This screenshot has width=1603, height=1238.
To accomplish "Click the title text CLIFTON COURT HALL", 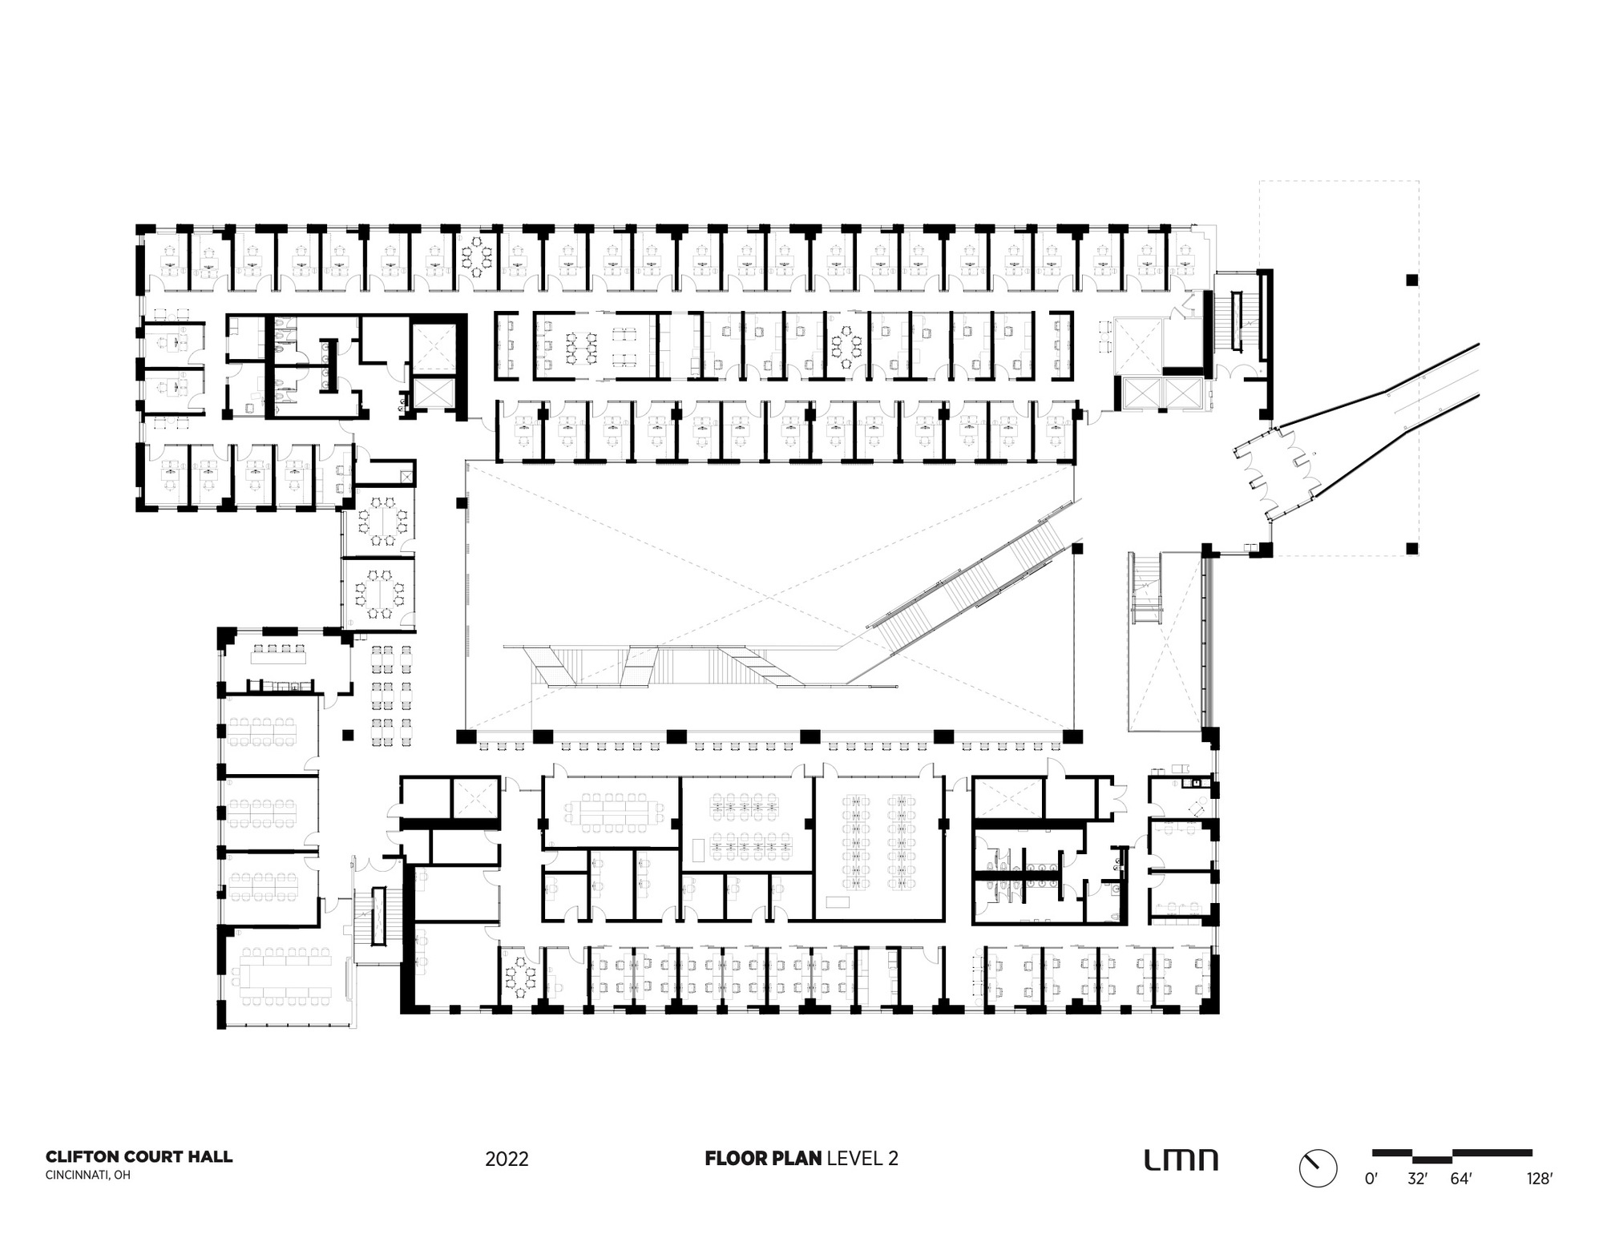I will coord(139,1156).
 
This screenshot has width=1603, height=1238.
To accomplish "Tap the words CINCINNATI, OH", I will coord(87,1175).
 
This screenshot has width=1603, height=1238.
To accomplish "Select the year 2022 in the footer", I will coord(507,1159).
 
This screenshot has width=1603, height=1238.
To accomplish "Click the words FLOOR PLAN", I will coord(762,1158).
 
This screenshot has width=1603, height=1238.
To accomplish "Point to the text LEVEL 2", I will coord(862,1158).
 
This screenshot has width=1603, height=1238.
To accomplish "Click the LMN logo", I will coord(1181,1159).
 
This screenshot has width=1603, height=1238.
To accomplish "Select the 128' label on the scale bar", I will coord(1538,1179).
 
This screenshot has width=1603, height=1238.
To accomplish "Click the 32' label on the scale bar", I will coord(1419,1179).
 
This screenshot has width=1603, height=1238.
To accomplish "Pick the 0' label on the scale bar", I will coord(1371,1179).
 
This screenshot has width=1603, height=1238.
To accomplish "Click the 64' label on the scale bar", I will coord(1461,1179).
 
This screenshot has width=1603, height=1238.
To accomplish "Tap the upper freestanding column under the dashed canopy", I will coord(1411,280).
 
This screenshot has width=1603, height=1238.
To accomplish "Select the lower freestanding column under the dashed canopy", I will coord(1411,549).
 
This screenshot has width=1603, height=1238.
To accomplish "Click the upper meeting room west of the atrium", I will coord(378,522).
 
